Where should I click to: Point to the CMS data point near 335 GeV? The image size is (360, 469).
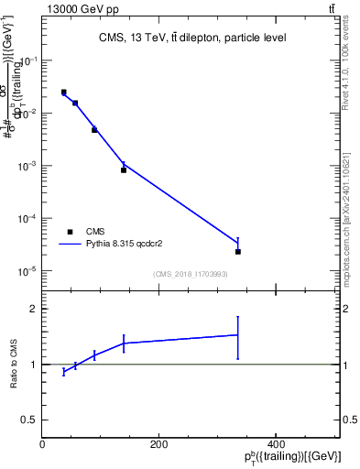[x=238, y=251]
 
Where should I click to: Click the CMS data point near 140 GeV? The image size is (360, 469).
[x=124, y=169]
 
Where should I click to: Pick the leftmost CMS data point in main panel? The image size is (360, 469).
[x=63, y=93]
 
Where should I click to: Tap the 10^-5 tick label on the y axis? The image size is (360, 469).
[x=27, y=272]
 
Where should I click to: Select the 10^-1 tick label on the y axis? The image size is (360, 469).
[x=27, y=61]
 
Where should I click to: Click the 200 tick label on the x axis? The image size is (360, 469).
[x=159, y=444]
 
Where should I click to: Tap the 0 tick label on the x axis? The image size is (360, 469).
[x=42, y=444]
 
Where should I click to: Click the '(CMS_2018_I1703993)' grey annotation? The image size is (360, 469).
[x=191, y=274]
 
